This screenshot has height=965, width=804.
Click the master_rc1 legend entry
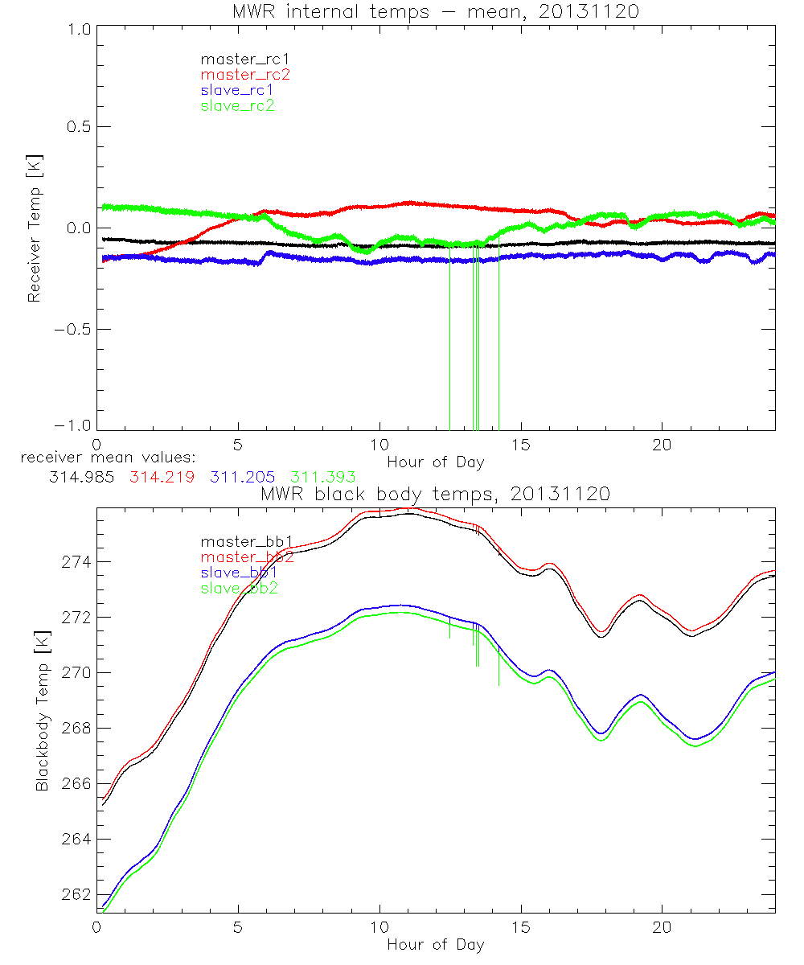pos(238,59)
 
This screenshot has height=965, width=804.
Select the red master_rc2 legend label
pos(245,75)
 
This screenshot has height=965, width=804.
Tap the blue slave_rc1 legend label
pos(237,90)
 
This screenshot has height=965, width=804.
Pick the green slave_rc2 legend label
pos(237,105)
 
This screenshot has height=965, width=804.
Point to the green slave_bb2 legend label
pos(239,589)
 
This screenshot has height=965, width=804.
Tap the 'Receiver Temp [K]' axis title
pos(35,228)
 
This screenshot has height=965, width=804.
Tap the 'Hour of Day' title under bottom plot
pos(435,945)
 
